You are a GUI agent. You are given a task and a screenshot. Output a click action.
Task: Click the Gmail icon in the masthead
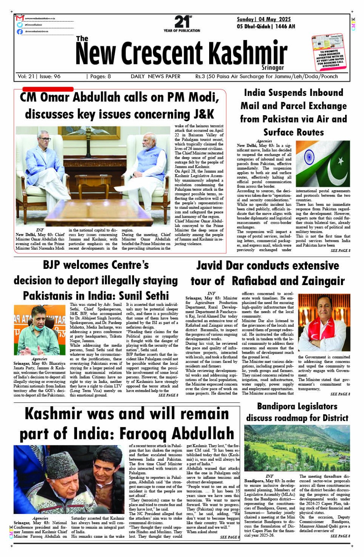(x=20, y=18)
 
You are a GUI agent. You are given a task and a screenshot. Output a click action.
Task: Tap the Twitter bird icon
(x=20, y=25)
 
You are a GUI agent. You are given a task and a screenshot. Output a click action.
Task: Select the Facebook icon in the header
(x=20, y=32)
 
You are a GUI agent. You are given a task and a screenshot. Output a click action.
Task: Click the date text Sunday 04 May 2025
(x=264, y=19)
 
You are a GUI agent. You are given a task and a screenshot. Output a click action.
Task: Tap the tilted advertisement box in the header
(x=329, y=54)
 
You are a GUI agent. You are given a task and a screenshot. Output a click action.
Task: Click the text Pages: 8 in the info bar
(x=101, y=76)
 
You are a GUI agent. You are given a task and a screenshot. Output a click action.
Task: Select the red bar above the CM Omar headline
(x=48, y=89)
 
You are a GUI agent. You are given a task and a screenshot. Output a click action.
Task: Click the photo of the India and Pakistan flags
(x=323, y=164)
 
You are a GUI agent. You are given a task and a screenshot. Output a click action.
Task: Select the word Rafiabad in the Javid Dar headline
(x=258, y=281)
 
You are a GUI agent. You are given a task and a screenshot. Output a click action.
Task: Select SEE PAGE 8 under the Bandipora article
(x=340, y=536)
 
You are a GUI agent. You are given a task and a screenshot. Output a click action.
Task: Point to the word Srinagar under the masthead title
(x=273, y=68)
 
